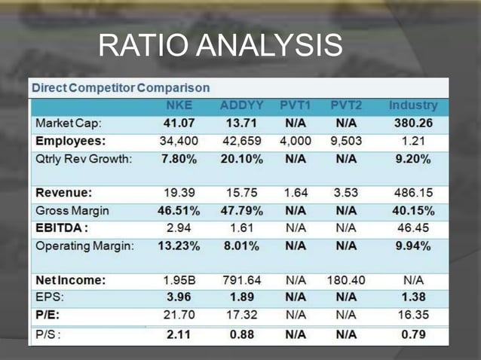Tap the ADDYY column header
[241, 104]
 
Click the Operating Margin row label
[84, 246]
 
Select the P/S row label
[48, 333]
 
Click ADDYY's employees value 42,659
[241, 140]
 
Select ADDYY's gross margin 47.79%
[241, 210]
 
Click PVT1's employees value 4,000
[296, 140]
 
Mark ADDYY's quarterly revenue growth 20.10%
[241, 158]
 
